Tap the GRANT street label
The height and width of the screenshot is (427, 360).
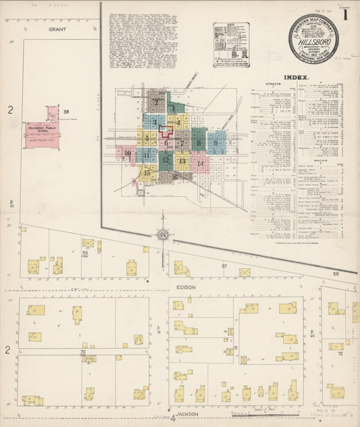[56, 30]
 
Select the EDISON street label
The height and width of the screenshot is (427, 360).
[187, 288]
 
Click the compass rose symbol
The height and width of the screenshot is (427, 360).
[163, 235]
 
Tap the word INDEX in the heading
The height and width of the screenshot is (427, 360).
[297, 78]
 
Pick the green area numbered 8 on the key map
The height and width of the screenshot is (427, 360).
[199, 143]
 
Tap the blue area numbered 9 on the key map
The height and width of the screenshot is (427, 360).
[216, 143]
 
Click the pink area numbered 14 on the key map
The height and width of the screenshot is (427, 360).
[200, 164]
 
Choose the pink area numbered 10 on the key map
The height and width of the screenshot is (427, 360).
[127, 153]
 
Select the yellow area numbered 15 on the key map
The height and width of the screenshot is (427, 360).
[147, 173]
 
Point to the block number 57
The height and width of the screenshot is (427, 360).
[224, 267]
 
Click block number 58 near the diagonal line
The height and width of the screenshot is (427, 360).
[336, 274]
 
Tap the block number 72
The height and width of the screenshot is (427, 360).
[340, 353]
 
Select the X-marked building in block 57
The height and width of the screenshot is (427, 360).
[245, 272]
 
